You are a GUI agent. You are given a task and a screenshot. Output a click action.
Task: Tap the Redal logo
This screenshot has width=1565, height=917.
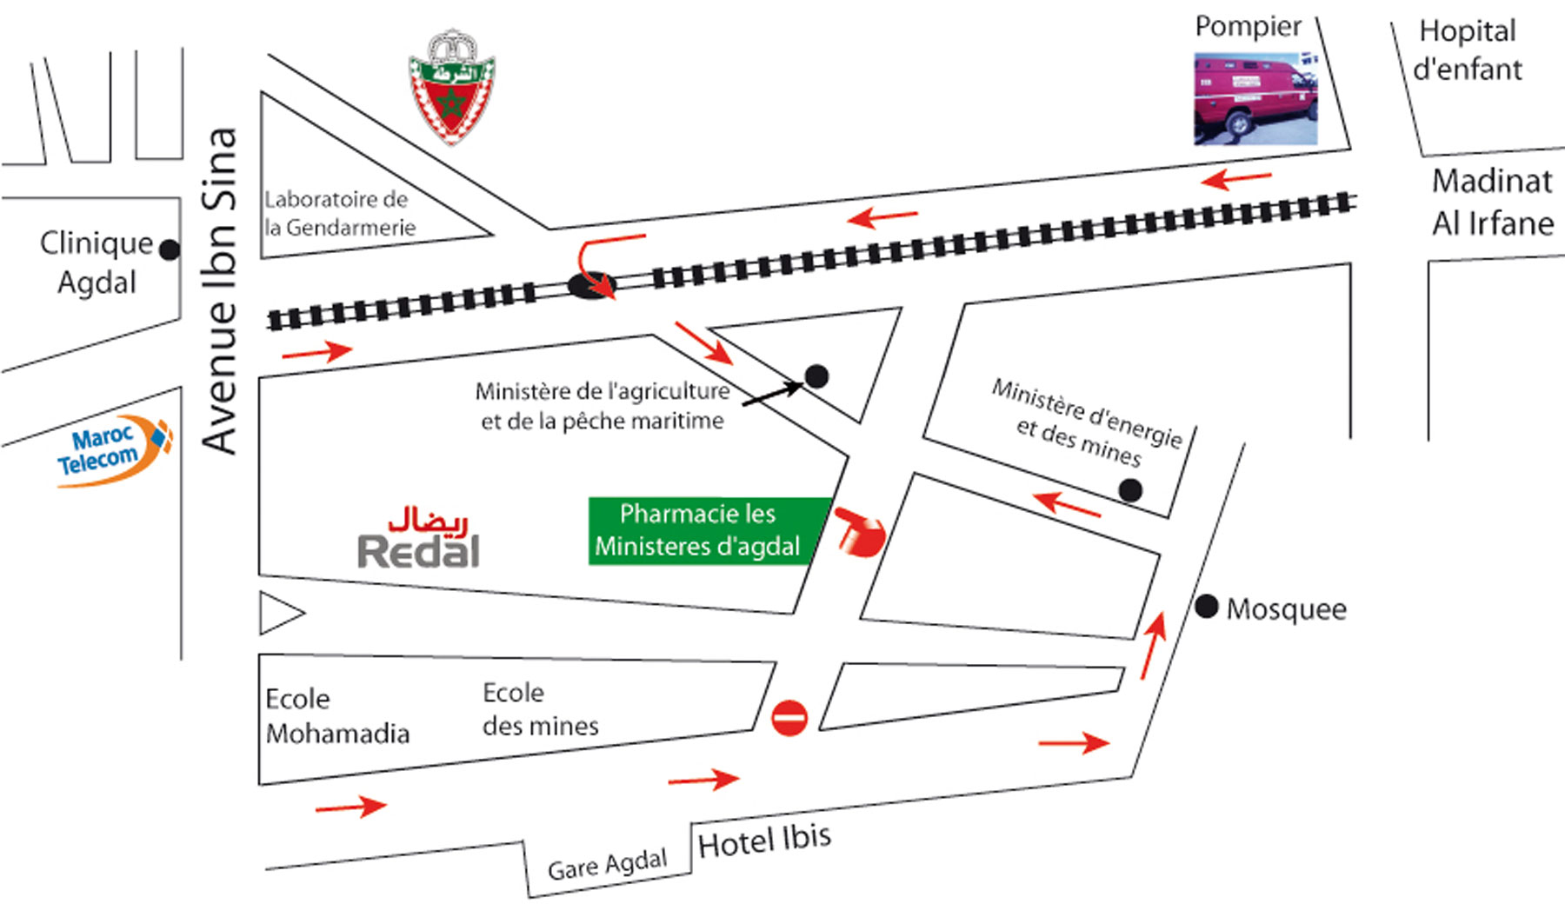click(x=420, y=539)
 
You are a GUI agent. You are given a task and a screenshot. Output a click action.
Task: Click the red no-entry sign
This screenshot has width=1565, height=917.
click(x=789, y=718)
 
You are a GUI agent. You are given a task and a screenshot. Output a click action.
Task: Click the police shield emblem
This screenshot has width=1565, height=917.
click(x=451, y=87)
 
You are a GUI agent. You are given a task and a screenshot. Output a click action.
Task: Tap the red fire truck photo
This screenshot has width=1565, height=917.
click(x=1255, y=97)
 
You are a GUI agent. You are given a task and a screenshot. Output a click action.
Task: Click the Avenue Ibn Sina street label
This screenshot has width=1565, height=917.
click(x=219, y=291)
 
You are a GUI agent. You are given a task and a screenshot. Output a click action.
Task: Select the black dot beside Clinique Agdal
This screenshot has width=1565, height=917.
click(x=170, y=249)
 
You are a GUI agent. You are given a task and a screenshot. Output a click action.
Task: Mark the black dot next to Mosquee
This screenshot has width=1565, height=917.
click(x=1206, y=607)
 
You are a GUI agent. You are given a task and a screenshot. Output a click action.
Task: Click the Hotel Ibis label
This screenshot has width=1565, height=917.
click(x=764, y=841)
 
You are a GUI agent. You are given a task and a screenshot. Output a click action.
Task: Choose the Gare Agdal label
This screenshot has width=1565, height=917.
click(x=607, y=865)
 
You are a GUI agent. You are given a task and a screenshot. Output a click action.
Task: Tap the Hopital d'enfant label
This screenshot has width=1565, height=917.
click(x=1468, y=50)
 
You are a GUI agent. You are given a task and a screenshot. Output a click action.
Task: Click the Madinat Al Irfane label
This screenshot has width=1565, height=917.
click(x=1492, y=202)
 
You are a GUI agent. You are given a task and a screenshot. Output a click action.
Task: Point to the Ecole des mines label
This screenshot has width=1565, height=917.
click(x=540, y=709)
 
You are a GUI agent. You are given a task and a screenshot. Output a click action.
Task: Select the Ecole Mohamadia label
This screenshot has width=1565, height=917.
click(x=336, y=716)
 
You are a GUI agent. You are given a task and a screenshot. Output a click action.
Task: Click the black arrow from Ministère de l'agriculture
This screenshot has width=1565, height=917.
click(x=772, y=393)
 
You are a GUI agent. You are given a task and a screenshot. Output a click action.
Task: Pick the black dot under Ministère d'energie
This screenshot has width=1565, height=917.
click(x=1129, y=491)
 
